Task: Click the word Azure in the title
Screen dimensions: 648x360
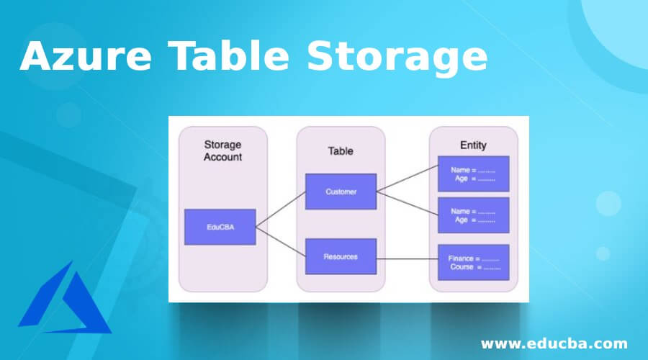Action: pyautogui.click(x=86, y=55)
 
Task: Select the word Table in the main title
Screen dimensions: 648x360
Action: pyautogui.click(x=228, y=55)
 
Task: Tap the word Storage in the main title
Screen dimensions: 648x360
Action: pyautogui.click(x=397, y=58)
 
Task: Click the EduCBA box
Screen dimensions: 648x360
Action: pyautogui.click(x=220, y=227)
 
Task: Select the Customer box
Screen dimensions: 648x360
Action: pyautogui.click(x=341, y=192)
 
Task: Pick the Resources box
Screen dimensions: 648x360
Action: pyautogui.click(x=341, y=256)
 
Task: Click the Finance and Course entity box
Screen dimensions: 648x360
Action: pyautogui.click(x=474, y=263)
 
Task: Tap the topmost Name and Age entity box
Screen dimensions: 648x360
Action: pyautogui.click(x=474, y=174)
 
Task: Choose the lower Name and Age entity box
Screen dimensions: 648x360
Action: pyautogui.click(x=474, y=215)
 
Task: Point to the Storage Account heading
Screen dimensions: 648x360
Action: pyautogui.click(x=222, y=151)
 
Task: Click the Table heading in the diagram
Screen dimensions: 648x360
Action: pyautogui.click(x=341, y=151)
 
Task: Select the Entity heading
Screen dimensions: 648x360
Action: pyautogui.click(x=473, y=145)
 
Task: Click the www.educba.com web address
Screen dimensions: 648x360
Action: pyautogui.click(x=554, y=343)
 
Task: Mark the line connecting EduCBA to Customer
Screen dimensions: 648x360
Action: pyautogui.click(x=281, y=210)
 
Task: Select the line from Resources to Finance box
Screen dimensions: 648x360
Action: pyautogui.click(x=407, y=259)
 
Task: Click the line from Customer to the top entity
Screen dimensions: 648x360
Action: pyautogui.click(x=407, y=179)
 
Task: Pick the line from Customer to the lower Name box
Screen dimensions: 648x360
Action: pyautogui.click(x=407, y=203)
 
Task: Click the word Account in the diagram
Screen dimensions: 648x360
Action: pyautogui.click(x=222, y=157)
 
